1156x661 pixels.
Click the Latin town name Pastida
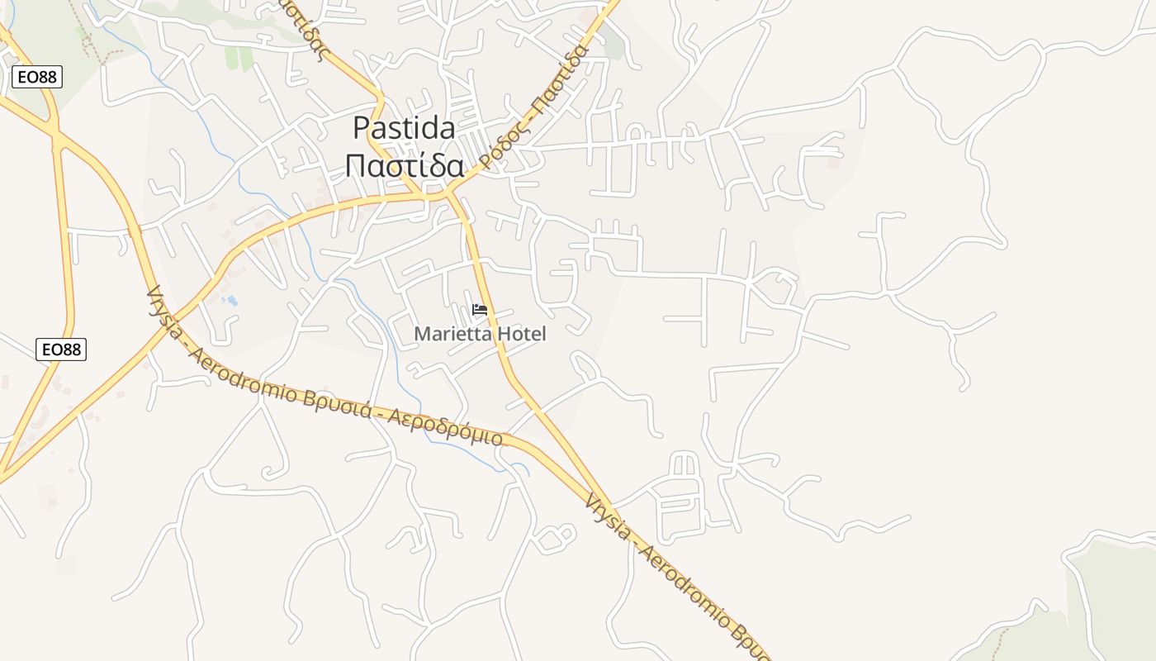coord(404,128)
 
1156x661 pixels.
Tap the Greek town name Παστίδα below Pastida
coord(404,165)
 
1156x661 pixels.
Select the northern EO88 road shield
coord(37,77)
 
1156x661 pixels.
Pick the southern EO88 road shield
coord(61,350)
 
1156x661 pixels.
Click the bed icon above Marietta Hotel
coord(479,311)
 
